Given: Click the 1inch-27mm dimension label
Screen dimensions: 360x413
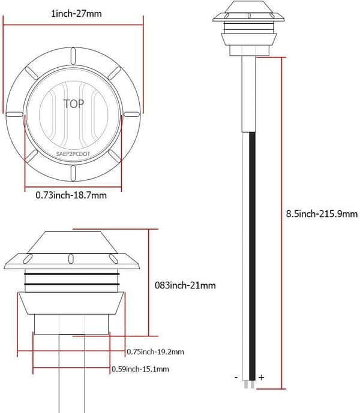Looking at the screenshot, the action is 76,13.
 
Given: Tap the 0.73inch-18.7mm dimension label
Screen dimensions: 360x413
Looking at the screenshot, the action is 71,195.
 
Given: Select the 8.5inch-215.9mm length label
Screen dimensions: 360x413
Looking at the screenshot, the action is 322,213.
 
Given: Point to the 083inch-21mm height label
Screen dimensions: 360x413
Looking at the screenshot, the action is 185,285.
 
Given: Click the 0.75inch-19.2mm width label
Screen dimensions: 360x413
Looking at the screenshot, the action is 155,352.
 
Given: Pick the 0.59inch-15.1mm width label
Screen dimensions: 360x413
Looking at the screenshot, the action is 140,369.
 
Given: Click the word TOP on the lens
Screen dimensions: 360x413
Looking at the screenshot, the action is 74,104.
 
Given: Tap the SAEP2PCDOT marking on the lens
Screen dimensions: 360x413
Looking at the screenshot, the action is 73,154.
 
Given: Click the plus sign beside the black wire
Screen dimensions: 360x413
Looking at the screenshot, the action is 261,378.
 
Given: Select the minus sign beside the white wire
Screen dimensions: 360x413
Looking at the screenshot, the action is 236,378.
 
